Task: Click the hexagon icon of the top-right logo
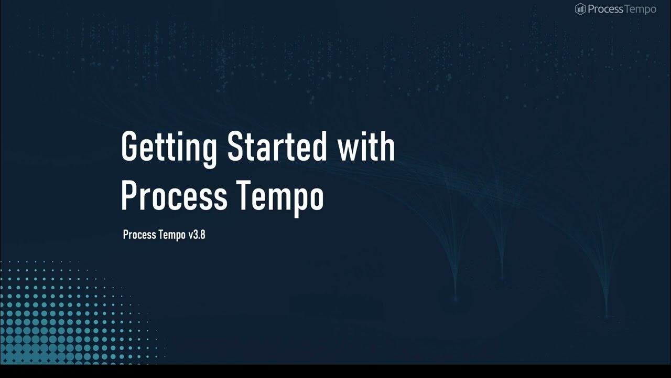(x=580, y=9)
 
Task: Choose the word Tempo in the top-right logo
(x=639, y=9)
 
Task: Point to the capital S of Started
(x=236, y=147)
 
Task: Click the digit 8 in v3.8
(x=202, y=235)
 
